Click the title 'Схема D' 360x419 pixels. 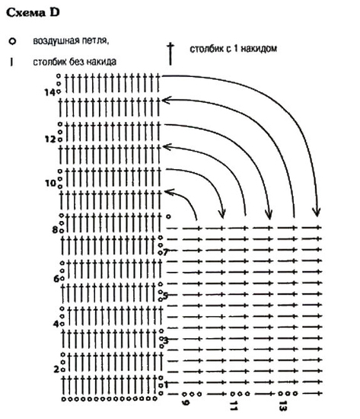(33, 12)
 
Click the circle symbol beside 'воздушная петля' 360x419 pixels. (12, 41)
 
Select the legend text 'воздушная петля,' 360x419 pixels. (71, 41)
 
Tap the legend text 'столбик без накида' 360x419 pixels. (75, 62)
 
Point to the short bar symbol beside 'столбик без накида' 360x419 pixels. (11, 62)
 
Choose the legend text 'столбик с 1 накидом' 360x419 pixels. (233, 49)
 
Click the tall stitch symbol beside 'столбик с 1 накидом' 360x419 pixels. (170, 55)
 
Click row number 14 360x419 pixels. (49, 92)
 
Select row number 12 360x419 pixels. (50, 139)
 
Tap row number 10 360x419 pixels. (50, 183)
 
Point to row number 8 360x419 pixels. (55, 229)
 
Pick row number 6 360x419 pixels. (56, 279)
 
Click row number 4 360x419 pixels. (56, 324)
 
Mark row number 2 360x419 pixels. (56, 369)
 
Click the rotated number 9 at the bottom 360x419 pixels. (186, 402)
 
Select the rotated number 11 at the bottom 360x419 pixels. (234, 405)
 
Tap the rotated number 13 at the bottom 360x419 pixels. (282, 405)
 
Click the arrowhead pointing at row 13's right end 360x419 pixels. (166, 101)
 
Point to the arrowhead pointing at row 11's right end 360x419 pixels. (167, 147)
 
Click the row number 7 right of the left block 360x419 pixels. (166, 252)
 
